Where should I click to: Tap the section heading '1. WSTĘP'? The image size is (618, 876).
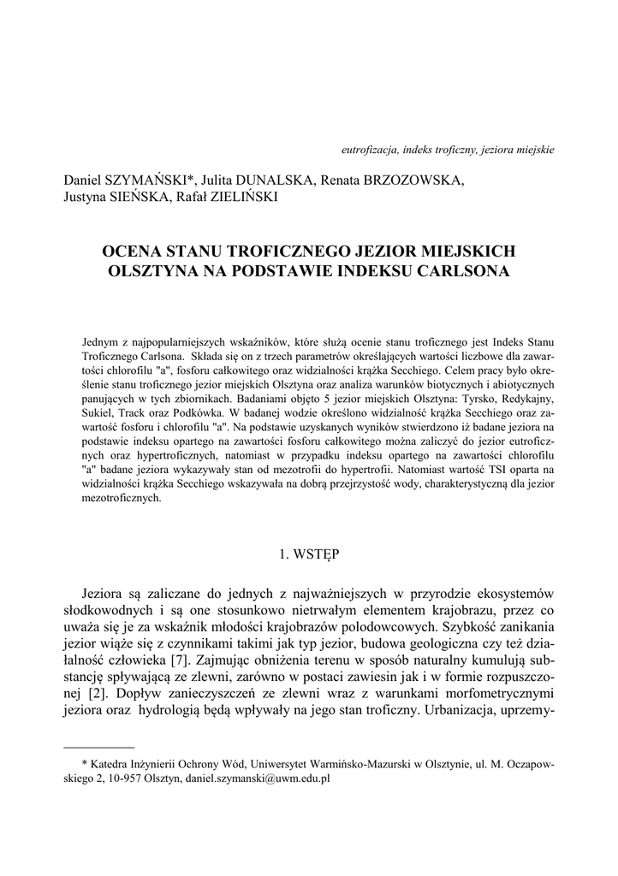[309, 553]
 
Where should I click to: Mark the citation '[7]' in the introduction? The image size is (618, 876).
[179, 660]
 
